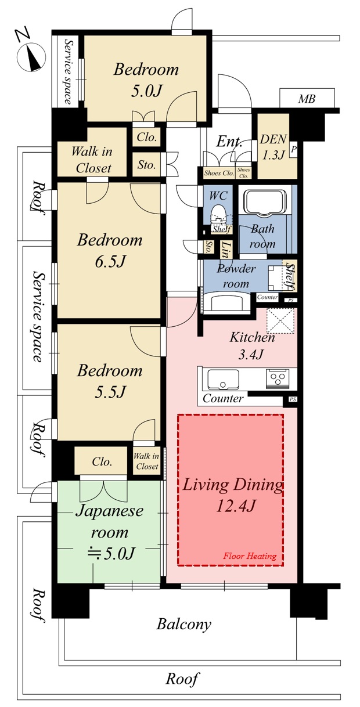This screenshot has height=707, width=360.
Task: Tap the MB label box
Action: pos(307,99)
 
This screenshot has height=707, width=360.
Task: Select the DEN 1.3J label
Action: pos(273,146)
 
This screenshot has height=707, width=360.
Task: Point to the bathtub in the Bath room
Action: pos(267,203)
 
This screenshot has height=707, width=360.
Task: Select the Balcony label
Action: pos(184,624)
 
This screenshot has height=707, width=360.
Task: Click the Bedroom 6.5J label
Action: pos(110,250)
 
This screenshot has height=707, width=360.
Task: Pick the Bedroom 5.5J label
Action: pos(110,381)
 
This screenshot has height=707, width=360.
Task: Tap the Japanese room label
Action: pos(110,522)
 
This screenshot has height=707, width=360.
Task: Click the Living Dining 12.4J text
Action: pos(233,495)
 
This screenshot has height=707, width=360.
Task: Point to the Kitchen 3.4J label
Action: pos(251,345)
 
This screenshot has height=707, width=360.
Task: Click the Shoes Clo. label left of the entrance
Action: pos(219,173)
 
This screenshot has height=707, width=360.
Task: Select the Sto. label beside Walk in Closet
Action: pos(147,164)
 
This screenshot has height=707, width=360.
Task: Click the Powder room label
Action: pos(236,276)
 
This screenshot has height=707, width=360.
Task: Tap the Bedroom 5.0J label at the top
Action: pos(146,80)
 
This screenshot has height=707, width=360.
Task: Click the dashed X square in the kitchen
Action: pos(280,320)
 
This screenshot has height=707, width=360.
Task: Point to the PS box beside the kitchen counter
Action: pos(293,399)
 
